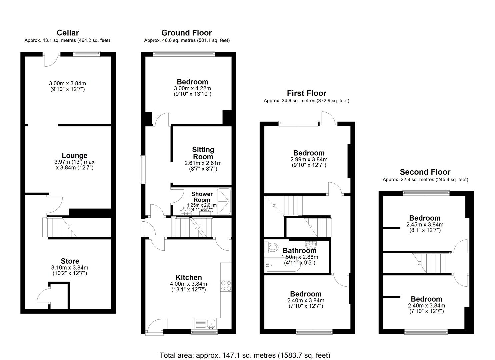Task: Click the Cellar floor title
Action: point(68,33)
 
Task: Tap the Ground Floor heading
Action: point(186,33)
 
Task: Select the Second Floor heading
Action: point(425,172)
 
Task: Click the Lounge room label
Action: point(74,155)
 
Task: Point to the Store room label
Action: point(70,261)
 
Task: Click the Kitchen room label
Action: point(189,277)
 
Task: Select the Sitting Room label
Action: point(203,153)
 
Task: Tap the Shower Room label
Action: point(202,197)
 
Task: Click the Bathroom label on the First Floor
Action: point(299,250)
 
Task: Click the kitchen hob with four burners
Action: point(226,286)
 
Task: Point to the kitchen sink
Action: point(210,323)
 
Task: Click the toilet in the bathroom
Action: point(272,247)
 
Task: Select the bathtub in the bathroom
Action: point(283,265)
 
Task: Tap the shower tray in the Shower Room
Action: point(224,201)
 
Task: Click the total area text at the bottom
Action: point(245,355)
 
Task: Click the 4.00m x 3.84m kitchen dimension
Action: point(188,284)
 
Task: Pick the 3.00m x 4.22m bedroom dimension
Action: point(192,88)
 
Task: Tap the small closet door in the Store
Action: point(43,295)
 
